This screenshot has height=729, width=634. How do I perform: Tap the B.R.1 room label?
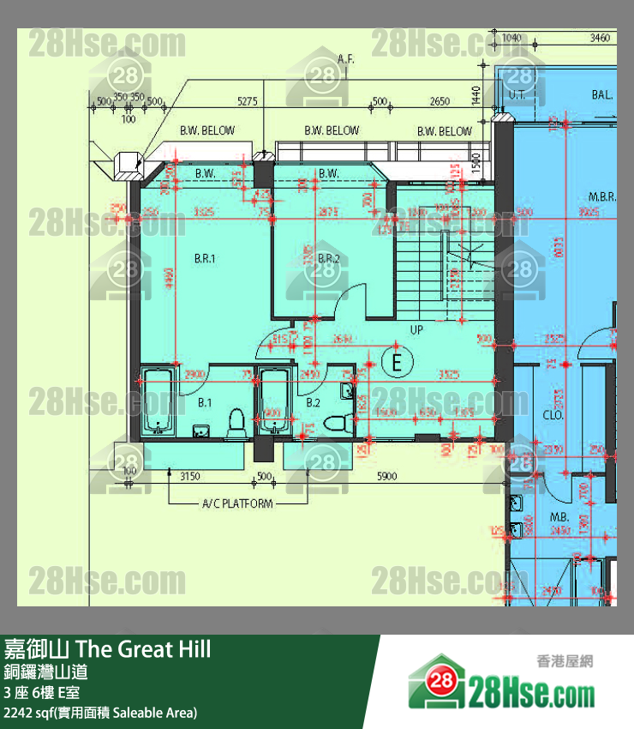[204, 257]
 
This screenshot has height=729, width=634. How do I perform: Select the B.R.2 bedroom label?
[329, 258]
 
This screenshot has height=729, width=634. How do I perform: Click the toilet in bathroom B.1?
[236, 421]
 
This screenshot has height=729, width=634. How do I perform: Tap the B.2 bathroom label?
[314, 401]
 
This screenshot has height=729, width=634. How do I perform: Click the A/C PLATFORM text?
[236, 503]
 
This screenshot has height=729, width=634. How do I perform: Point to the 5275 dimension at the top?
[247, 101]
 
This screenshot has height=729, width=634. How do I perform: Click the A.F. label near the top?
[346, 59]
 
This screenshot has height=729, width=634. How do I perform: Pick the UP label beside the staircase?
[417, 329]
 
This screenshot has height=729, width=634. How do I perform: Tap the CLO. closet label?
[553, 415]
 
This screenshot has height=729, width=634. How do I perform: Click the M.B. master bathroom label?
[561, 517]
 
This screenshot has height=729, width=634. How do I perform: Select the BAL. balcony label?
[602, 95]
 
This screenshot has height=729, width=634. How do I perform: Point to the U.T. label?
[517, 95]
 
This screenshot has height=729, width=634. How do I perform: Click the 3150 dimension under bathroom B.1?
[189, 475]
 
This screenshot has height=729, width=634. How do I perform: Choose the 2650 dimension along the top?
[440, 101]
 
